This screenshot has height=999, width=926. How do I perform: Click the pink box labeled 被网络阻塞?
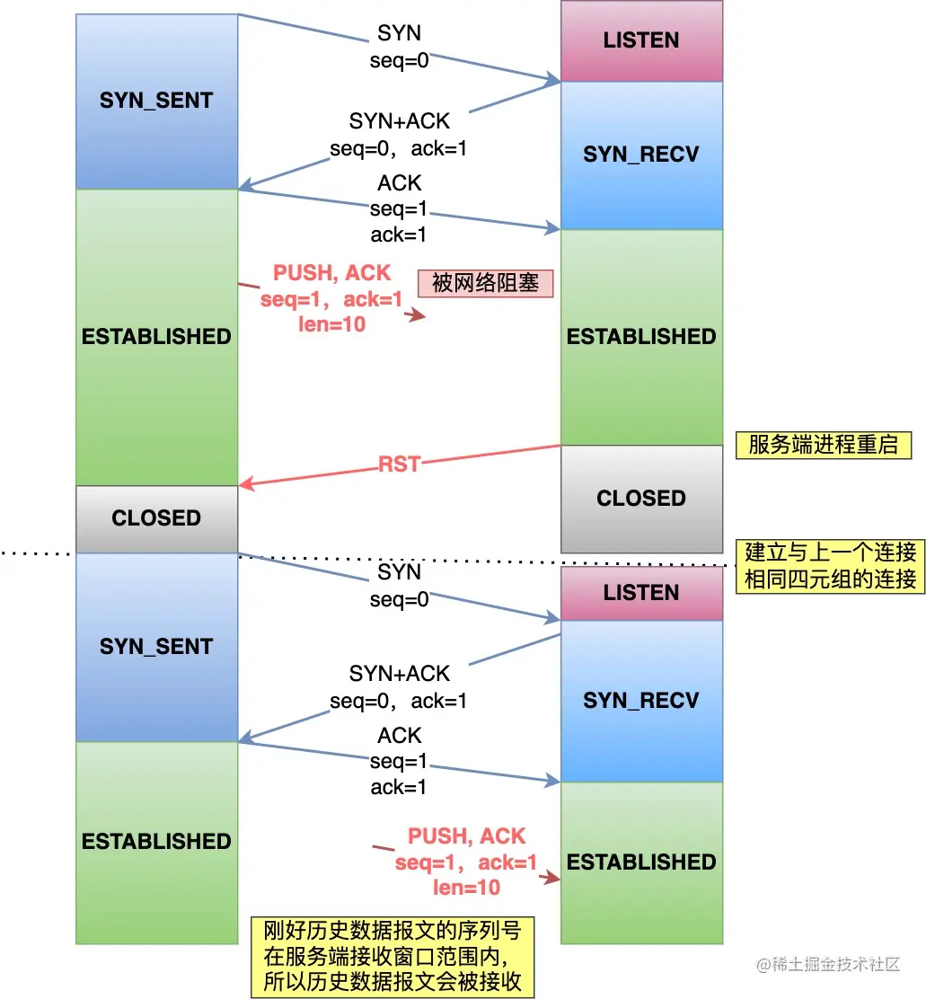tap(485, 283)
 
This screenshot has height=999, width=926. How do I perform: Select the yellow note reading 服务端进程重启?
tap(823, 445)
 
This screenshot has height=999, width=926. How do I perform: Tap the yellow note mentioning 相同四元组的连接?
tap(830, 565)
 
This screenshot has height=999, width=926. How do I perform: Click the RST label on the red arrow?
tap(400, 464)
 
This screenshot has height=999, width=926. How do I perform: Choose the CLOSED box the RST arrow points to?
tap(156, 518)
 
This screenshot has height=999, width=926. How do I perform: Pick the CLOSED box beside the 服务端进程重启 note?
tap(641, 499)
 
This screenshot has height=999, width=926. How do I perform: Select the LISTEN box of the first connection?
tap(641, 40)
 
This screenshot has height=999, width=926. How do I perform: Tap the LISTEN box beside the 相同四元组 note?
tap(641, 593)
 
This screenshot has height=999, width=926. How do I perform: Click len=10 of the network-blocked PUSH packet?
tap(332, 324)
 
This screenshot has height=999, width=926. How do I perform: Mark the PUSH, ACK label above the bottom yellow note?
tap(466, 836)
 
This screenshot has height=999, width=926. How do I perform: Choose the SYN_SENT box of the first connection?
tap(156, 101)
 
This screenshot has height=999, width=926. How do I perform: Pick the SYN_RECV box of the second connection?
tap(641, 701)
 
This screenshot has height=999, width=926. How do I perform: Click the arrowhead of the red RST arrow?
tap(244, 485)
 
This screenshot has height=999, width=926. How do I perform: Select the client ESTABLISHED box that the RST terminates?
tap(156, 337)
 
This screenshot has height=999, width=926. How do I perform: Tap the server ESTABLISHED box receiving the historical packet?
tap(641, 862)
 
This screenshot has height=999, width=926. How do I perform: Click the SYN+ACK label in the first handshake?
tap(400, 120)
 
